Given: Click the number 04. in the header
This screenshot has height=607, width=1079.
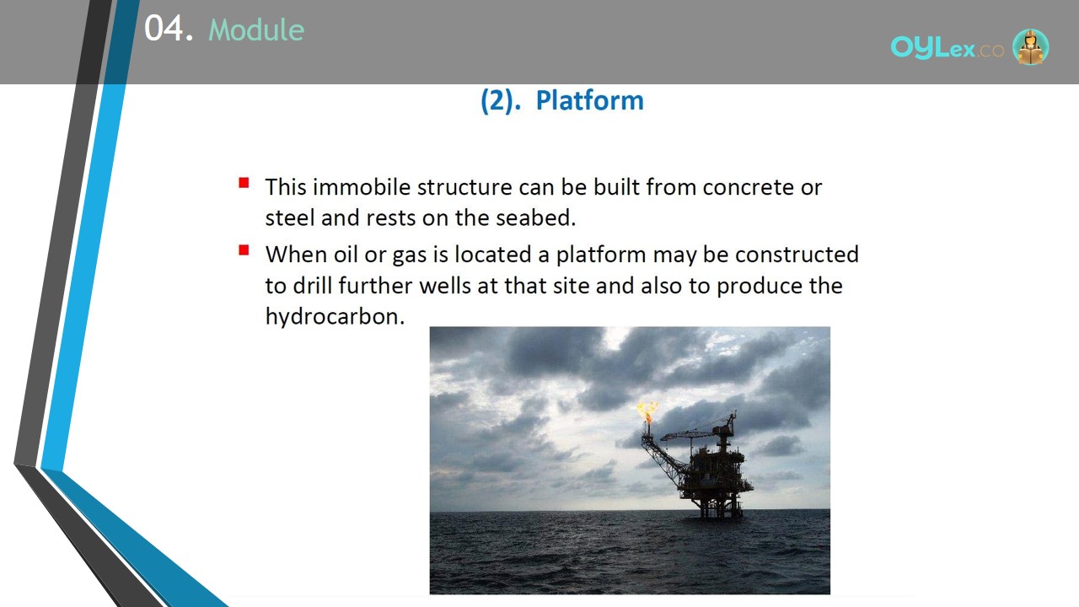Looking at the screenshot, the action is click(x=169, y=28).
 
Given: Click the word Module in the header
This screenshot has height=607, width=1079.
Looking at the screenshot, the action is click(x=256, y=30).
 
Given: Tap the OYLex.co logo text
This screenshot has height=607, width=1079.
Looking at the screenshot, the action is click(x=947, y=48).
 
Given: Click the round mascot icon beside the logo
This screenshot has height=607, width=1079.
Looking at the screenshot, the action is click(x=1030, y=46).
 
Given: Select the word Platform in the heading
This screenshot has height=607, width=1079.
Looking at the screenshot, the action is click(x=589, y=100).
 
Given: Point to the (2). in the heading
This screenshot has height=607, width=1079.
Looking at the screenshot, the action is click(x=501, y=100).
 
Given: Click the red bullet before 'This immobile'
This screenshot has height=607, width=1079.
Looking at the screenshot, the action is click(x=244, y=183).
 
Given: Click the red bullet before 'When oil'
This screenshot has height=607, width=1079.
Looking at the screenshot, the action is click(x=244, y=250).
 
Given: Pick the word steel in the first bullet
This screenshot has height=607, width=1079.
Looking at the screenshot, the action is click(x=290, y=218).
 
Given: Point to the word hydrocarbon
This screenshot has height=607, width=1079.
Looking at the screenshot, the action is click(x=335, y=317).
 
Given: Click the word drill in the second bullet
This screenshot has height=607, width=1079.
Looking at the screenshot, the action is click(x=313, y=286).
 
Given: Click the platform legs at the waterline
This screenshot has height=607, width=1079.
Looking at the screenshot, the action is click(x=720, y=508).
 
